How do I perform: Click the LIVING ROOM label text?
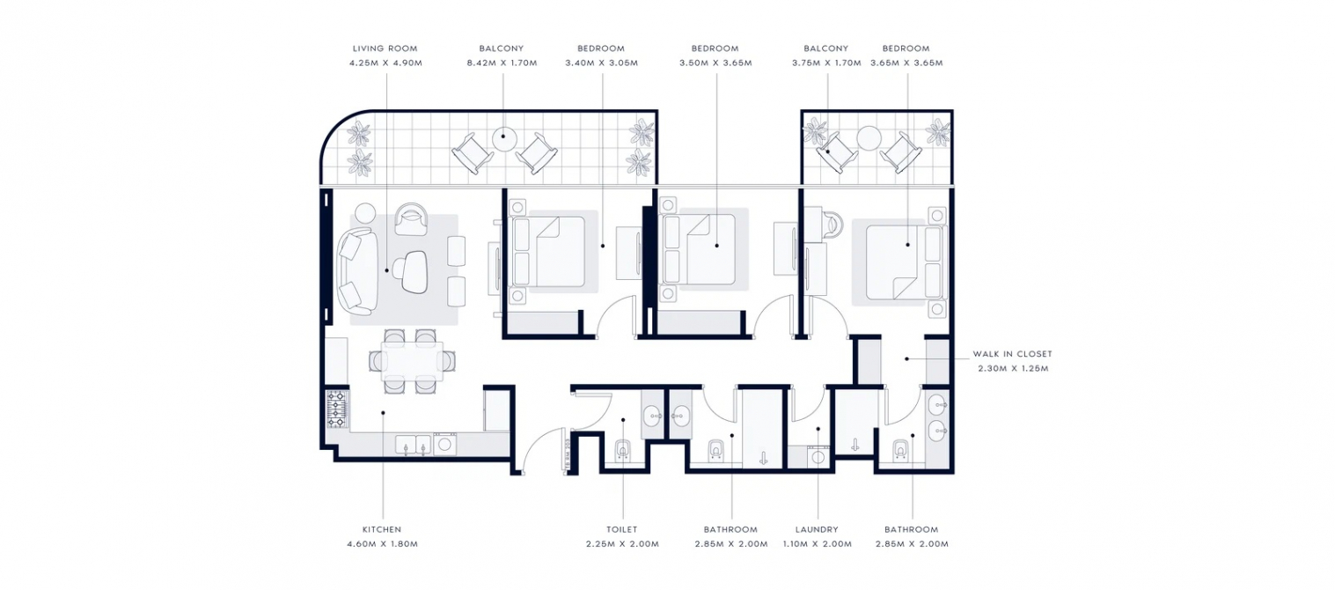(x=385, y=48)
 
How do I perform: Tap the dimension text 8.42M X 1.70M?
(x=502, y=63)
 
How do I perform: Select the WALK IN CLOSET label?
(x=1013, y=354)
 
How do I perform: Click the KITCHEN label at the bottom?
(x=382, y=529)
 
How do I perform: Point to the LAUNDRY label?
(x=817, y=529)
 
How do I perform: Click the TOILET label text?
(x=622, y=529)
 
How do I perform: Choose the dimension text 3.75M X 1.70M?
(x=826, y=63)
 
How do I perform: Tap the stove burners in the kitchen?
(x=336, y=409)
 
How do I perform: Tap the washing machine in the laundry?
(x=817, y=457)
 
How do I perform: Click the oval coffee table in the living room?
(x=414, y=272)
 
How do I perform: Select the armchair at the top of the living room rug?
(x=411, y=219)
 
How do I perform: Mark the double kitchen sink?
(x=413, y=445)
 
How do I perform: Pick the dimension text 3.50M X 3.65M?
(x=715, y=63)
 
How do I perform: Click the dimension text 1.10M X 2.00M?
(x=817, y=543)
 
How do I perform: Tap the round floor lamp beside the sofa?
(x=365, y=212)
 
